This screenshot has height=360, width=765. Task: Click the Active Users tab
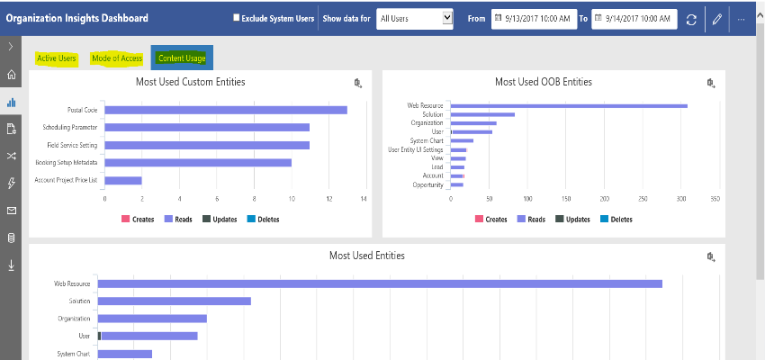point(56,58)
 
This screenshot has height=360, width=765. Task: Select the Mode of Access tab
point(117,58)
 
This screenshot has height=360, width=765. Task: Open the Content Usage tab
point(182,58)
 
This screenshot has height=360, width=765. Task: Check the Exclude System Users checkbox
point(237,18)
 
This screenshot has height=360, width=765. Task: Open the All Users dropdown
point(415,18)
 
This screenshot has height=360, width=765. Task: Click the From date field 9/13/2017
point(533,18)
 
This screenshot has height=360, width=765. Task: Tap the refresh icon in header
point(691,19)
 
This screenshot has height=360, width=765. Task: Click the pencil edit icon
point(717,19)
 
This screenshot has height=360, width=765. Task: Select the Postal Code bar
point(225,110)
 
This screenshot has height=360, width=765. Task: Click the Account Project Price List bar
point(123,180)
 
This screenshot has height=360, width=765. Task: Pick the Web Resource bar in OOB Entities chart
point(568,105)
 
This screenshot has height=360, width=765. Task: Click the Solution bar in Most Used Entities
point(174,301)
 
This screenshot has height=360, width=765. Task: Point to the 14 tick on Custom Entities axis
point(364,199)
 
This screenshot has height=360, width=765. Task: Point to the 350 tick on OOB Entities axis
point(715,199)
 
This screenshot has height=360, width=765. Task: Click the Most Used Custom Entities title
point(184,82)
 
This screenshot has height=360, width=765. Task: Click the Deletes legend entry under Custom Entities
point(263,219)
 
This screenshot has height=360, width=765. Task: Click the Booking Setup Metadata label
point(67,162)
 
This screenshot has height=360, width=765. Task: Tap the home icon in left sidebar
point(12,75)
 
